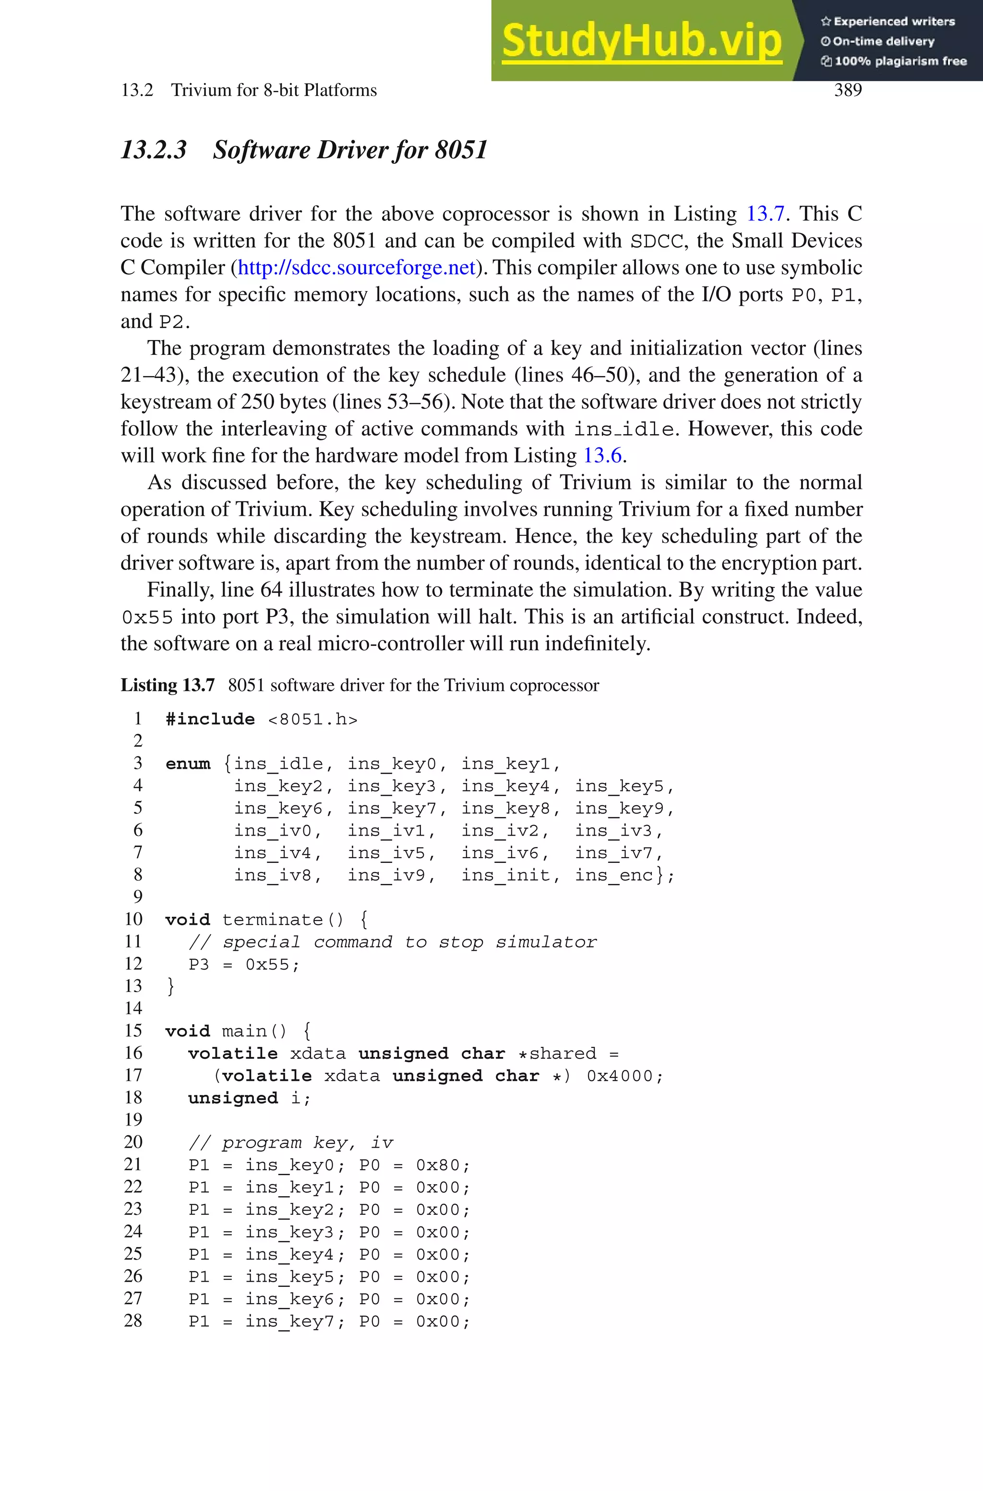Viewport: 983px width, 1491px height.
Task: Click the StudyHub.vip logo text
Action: click(x=641, y=41)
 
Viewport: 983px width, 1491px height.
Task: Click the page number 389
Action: click(x=848, y=90)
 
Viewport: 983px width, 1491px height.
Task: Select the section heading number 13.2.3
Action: click(x=154, y=150)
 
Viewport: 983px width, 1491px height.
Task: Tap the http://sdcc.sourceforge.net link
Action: click(x=356, y=268)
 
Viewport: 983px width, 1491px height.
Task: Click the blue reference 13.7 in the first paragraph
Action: click(x=765, y=214)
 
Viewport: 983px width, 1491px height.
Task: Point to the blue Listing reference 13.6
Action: click(x=602, y=456)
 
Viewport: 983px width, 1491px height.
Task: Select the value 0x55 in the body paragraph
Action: click(x=147, y=618)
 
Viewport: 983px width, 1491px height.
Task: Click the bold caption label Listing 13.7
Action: click(x=168, y=685)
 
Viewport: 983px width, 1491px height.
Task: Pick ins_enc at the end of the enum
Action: click(x=614, y=875)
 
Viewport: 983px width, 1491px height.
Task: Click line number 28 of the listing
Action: click(x=133, y=1321)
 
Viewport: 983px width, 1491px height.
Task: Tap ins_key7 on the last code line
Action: click(x=289, y=1321)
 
